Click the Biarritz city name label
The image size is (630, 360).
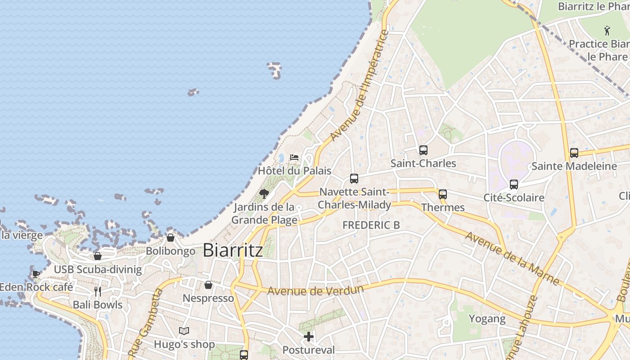click(x=233, y=250)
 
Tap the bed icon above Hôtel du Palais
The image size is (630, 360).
click(x=294, y=157)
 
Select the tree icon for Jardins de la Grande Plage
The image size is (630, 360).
click(x=264, y=194)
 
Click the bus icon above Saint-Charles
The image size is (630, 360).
click(x=423, y=150)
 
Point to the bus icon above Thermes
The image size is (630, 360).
click(x=443, y=194)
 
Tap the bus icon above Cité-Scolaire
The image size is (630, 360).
click(x=514, y=184)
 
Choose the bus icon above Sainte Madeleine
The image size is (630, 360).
click(x=574, y=153)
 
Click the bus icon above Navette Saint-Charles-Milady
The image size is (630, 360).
click(x=354, y=179)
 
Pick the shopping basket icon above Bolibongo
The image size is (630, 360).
click(x=171, y=238)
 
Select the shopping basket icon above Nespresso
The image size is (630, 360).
click(x=208, y=285)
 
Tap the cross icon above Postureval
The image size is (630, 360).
click(x=309, y=336)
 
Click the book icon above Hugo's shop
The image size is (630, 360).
click(x=184, y=331)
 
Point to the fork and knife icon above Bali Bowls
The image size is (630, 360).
click(x=98, y=292)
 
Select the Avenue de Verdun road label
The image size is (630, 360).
click(x=315, y=290)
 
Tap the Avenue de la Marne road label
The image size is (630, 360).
click(x=512, y=259)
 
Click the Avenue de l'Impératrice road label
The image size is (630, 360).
click(x=359, y=85)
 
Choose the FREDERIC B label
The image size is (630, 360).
click(x=371, y=225)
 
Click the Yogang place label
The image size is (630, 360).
click(x=487, y=319)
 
